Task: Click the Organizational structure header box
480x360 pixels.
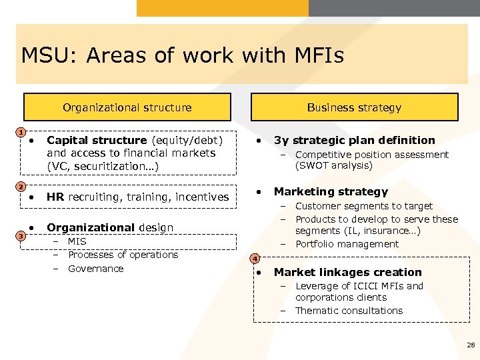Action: point(127,107)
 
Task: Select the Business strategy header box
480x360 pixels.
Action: point(354,107)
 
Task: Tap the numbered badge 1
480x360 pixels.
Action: point(21,131)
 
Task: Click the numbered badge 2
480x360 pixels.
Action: point(21,186)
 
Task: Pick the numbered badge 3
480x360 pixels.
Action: point(21,236)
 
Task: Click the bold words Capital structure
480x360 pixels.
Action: point(97,140)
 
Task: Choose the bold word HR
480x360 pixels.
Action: point(55,197)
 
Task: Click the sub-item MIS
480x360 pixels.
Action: point(77,241)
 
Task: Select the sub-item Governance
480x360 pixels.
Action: point(95,269)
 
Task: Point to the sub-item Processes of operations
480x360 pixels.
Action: point(123,255)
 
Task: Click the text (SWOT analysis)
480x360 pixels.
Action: point(334,165)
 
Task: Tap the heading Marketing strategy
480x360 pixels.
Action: point(331,191)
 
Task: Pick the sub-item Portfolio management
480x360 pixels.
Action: point(347,244)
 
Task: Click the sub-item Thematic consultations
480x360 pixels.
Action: point(349,311)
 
